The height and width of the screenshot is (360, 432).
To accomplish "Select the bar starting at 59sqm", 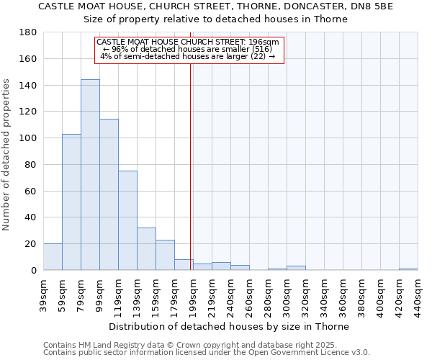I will pyautogui.click(x=71, y=202).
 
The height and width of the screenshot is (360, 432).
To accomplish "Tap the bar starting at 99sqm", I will pyautogui.click(x=109, y=194).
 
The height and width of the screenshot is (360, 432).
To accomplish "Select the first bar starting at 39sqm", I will pyautogui.click(x=53, y=257).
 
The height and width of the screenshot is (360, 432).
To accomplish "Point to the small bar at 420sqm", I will pyautogui.click(x=408, y=269).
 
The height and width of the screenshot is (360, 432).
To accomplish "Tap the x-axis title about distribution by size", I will pyautogui.click(x=230, y=326).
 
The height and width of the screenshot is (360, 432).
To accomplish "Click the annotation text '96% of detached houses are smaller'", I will pyautogui.click(x=189, y=49).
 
